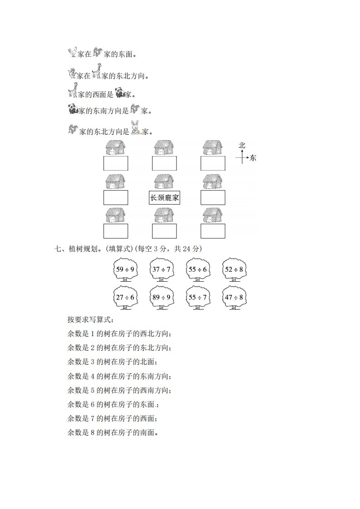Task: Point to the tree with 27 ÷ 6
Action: (x=125, y=298)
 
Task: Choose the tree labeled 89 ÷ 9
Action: (x=162, y=298)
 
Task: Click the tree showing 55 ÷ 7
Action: (x=198, y=298)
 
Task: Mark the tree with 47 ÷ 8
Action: (x=234, y=298)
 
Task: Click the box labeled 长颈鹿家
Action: (x=164, y=198)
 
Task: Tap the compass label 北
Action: (x=242, y=146)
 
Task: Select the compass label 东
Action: (x=253, y=158)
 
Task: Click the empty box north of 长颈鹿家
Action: (x=164, y=163)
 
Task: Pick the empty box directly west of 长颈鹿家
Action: (x=116, y=198)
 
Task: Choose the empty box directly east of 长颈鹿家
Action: (x=213, y=198)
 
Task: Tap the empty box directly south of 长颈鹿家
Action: (x=164, y=231)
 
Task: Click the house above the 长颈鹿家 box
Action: (x=164, y=181)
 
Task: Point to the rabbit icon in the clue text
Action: (x=136, y=128)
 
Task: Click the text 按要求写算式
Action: (x=91, y=319)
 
